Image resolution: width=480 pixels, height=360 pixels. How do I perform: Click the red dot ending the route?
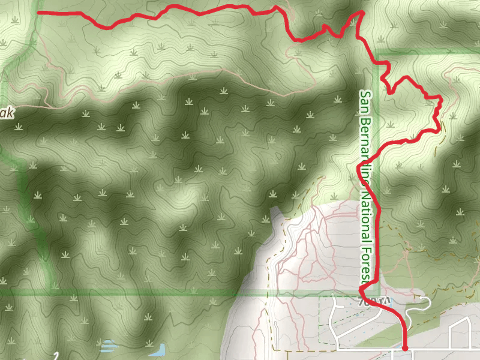coord(405,347)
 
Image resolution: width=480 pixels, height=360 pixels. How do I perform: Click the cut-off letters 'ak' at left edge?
coord(5,113)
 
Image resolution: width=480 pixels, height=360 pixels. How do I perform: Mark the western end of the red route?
coord(38,12)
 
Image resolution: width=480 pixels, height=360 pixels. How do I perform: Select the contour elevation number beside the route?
coord(375,299)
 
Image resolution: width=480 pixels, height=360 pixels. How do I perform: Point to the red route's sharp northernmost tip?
coord(362,12)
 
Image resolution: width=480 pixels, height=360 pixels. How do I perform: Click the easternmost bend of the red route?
coord(442,98)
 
